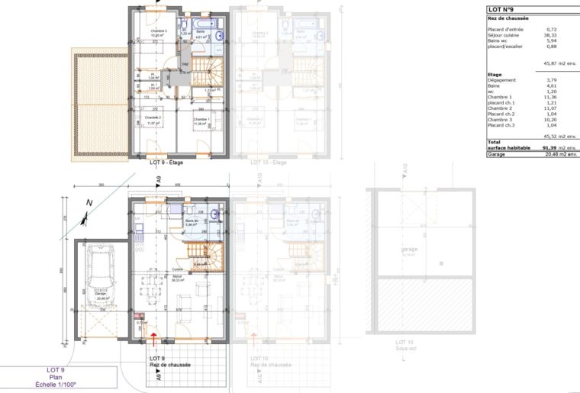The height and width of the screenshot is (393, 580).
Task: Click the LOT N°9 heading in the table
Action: coord(500,9)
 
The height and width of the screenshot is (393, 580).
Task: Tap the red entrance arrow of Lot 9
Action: coord(155,335)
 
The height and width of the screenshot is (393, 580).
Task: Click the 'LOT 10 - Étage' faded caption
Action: coord(269,163)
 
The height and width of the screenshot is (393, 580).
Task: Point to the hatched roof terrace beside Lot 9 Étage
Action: coord(98,103)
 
